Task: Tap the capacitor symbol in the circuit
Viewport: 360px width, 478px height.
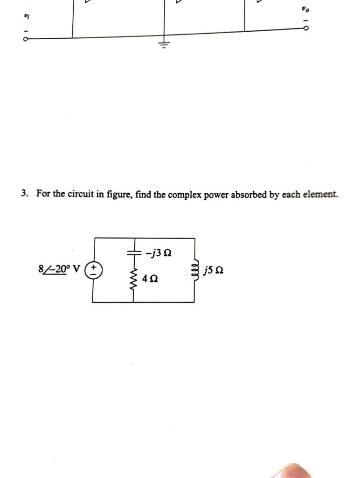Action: (134, 252)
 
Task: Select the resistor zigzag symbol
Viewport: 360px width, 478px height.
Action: (134, 278)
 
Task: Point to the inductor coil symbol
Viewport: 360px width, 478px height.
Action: (195, 270)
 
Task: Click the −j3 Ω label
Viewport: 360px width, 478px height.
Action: (158, 253)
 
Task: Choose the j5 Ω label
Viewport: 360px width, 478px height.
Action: (213, 270)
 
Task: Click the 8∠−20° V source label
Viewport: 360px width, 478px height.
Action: (59, 269)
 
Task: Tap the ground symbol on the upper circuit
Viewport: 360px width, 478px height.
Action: (163, 45)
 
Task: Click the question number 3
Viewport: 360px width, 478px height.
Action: (23, 193)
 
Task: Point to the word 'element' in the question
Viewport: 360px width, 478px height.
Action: (319, 194)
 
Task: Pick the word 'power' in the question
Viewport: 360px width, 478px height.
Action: (213, 194)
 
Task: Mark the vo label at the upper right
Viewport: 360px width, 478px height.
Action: (305, 9)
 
